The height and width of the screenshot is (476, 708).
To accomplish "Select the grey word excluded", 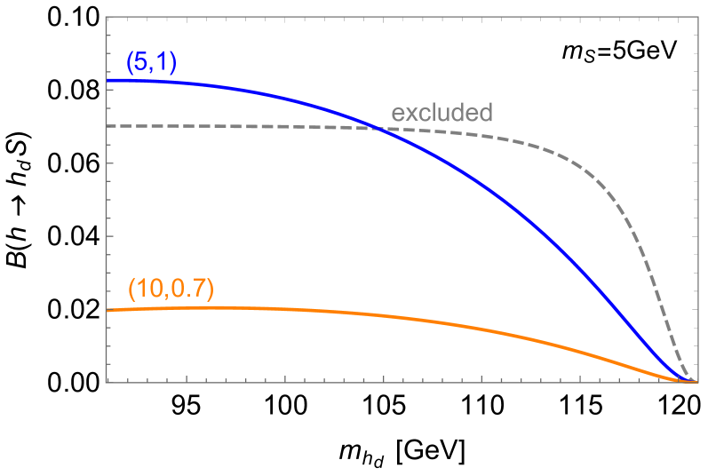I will click(x=442, y=113).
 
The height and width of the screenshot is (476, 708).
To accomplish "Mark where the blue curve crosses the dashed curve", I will click(x=380, y=130).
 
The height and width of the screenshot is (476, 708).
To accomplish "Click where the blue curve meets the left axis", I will click(x=107, y=81).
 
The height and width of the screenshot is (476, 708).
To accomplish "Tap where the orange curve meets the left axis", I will click(x=107, y=310).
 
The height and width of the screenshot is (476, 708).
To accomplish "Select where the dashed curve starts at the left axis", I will click(x=107, y=126).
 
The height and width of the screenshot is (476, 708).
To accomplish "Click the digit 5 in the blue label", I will click(x=141, y=62).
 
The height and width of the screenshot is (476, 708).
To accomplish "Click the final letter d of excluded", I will click(x=485, y=113).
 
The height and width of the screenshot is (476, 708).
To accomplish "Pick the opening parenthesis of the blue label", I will click(x=130, y=63).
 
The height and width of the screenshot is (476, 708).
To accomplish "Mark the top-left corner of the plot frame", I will click(x=107, y=16).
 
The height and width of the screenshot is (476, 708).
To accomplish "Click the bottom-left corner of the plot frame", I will click(x=107, y=382).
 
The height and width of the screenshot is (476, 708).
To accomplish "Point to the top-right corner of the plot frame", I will click(x=697, y=16).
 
